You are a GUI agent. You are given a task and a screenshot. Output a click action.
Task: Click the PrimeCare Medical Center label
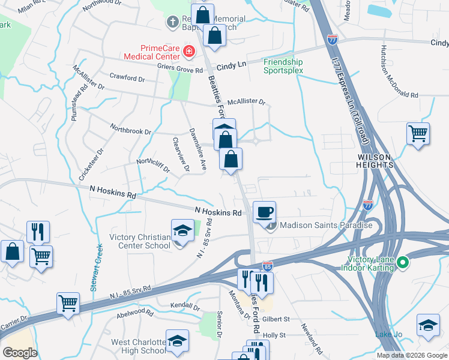(160, 52)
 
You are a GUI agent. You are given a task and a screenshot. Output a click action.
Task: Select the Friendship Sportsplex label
(283, 66)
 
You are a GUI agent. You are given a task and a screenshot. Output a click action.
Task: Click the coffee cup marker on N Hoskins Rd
(264, 212)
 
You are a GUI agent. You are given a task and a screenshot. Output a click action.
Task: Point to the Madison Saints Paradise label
(327, 226)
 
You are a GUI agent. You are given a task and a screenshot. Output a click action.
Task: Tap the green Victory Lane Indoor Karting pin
(403, 263)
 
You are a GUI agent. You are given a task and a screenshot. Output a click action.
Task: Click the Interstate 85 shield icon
(267, 265)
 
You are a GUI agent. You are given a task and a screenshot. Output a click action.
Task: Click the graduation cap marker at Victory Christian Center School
(181, 230)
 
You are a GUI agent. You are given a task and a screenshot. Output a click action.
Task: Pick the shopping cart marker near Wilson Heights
(418, 133)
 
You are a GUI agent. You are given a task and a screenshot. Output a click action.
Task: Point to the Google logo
(20, 352)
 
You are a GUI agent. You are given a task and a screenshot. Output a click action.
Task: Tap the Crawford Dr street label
(128, 77)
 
